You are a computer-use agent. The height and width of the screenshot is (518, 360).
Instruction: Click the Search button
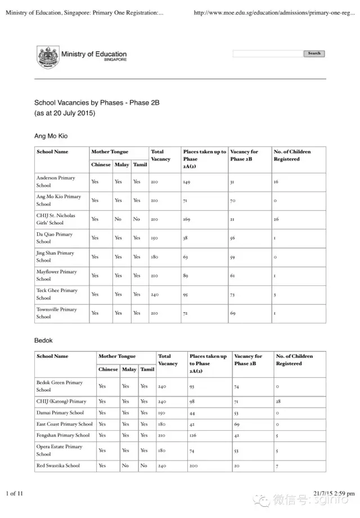[x=314, y=53]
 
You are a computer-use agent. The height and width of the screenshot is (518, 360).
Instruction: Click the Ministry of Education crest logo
[x=47, y=57]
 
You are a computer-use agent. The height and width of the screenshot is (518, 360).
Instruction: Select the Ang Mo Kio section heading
[x=51, y=136]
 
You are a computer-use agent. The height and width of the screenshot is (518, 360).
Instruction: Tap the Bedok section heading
[x=43, y=340]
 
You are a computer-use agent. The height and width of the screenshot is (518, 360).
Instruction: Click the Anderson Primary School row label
[x=56, y=182]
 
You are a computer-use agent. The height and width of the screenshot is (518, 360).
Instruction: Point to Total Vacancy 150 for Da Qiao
[x=154, y=238]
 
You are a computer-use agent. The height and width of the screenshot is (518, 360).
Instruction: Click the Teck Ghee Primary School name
[x=57, y=294]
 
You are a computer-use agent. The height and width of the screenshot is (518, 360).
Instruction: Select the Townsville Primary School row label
[x=56, y=313]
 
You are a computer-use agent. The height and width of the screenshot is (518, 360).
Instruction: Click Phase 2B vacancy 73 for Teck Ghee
[x=233, y=294]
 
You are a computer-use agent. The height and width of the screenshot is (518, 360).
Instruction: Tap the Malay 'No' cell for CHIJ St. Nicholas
[x=118, y=219]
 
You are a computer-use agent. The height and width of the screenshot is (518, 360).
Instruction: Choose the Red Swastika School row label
[x=58, y=466]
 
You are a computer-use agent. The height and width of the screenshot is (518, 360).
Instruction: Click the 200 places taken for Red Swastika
[x=194, y=466]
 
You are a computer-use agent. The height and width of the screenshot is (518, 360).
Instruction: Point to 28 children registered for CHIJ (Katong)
[x=278, y=402]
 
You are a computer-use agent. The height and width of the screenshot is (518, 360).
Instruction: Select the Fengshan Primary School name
[x=63, y=435]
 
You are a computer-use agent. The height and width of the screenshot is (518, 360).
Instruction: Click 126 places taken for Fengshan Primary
[x=194, y=435]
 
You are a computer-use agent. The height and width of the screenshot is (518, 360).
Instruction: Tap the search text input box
[x=268, y=53]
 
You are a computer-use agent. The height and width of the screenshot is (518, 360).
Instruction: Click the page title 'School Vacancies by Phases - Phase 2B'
[x=97, y=103]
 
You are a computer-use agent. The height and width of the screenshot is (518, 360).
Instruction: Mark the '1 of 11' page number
[x=15, y=494]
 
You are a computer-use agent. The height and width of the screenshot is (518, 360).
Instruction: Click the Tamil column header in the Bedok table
[x=147, y=370]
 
